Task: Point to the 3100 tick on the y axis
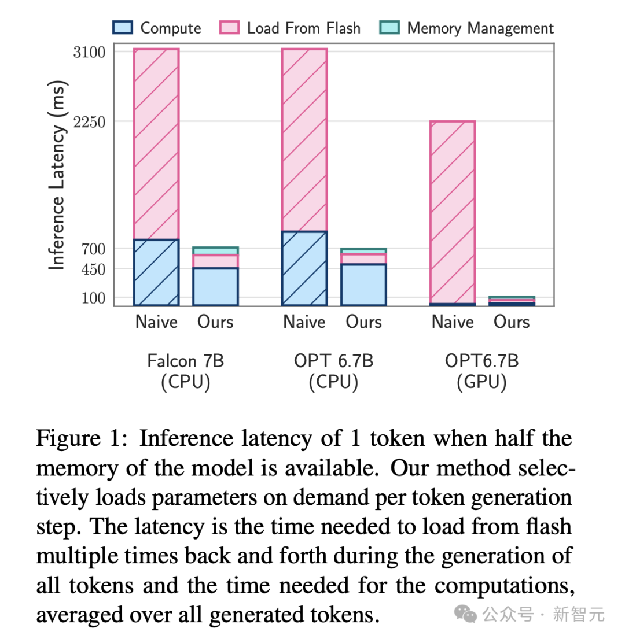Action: click(x=90, y=52)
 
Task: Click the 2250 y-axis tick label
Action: click(x=90, y=121)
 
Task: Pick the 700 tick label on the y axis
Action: click(x=94, y=249)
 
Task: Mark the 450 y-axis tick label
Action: click(x=94, y=269)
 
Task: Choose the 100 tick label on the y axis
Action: click(x=94, y=298)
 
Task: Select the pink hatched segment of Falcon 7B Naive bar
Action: click(x=156, y=145)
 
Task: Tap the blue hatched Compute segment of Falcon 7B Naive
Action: click(x=156, y=272)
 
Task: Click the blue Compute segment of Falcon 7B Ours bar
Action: click(x=215, y=287)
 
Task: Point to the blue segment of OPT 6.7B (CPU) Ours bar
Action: click(x=363, y=285)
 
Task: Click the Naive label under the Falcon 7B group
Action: click(x=156, y=322)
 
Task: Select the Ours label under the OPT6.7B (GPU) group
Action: click(x=512, y=322)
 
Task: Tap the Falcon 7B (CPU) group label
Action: click(x=185, y=372)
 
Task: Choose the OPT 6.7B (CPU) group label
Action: click(x=333, y=372)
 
